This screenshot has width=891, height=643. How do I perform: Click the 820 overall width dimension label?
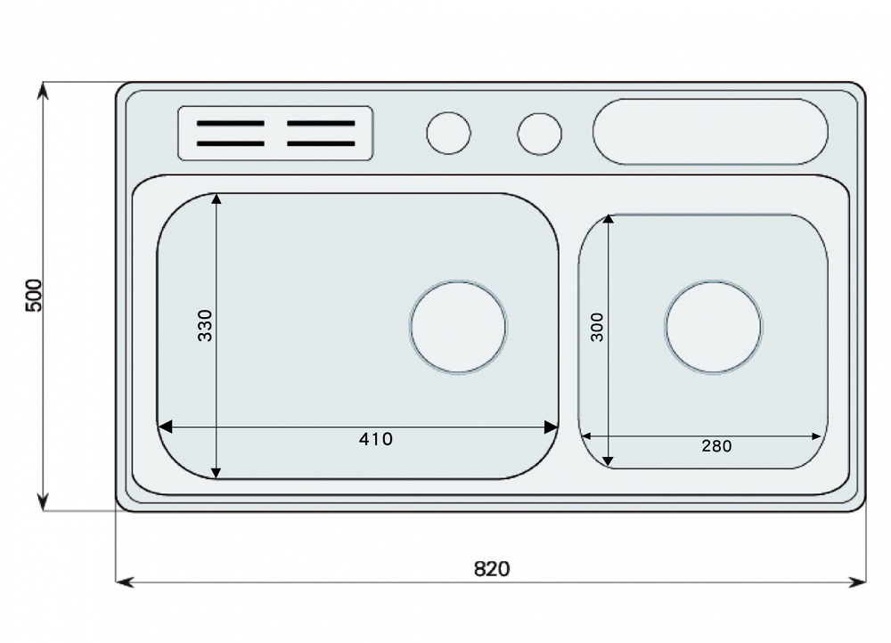[x=492, y=568]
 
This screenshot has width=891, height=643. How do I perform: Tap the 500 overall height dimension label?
[x=34, y=296]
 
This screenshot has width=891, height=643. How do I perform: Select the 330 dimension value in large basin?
[x=205, y=325]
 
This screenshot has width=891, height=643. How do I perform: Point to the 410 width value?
[x=376, y=439]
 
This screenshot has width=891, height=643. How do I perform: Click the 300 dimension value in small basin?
[x=597, y=327]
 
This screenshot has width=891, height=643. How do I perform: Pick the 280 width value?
[x=716, y=446]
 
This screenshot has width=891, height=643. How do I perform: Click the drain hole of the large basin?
[x=458, y=327]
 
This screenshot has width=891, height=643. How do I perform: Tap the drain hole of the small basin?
[x=713, y=327]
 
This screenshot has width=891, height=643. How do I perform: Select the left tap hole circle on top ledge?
[x=448, y=133]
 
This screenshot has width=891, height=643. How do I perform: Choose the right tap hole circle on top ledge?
[x=539, y=134]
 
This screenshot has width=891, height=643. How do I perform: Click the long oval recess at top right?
[x=710, y=132]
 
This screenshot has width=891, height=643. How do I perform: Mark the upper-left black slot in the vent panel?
[x=231, y=123]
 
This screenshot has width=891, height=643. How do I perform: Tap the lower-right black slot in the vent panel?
[x=321, y=143]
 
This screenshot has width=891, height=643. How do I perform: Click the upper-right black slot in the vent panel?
[x=321, y=123]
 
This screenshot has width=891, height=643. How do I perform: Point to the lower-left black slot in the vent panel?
[x=231, y=143]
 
